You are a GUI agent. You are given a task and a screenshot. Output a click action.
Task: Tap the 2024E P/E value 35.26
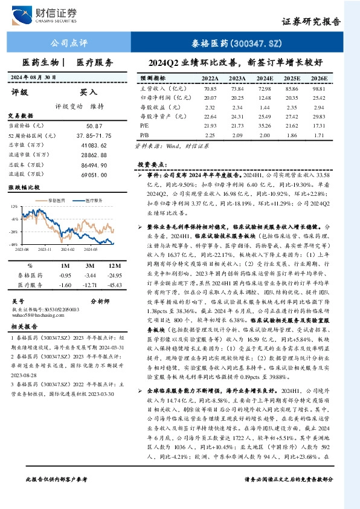click(264, 124)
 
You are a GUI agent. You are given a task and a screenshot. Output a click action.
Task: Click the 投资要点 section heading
click(152, 164)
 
